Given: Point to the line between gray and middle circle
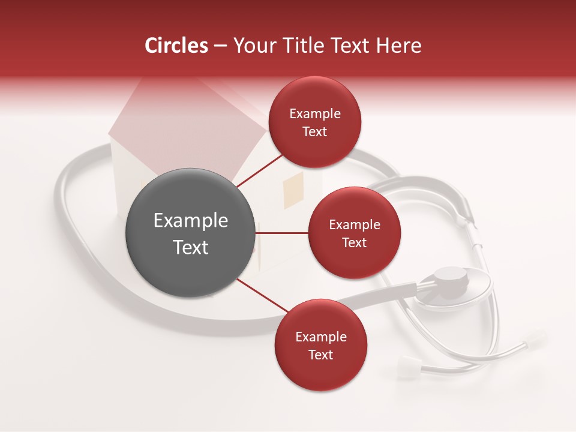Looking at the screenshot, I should tap(282, 233).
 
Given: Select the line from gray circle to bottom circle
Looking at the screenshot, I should tap(264, 295).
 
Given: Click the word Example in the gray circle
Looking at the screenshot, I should tap(191, 221).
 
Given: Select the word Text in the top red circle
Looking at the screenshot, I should tap(315, 132).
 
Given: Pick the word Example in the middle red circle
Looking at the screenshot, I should tap(354, 225).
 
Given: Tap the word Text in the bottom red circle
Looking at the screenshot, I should tap(320, 355).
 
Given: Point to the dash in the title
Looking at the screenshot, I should tap(220, 46).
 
